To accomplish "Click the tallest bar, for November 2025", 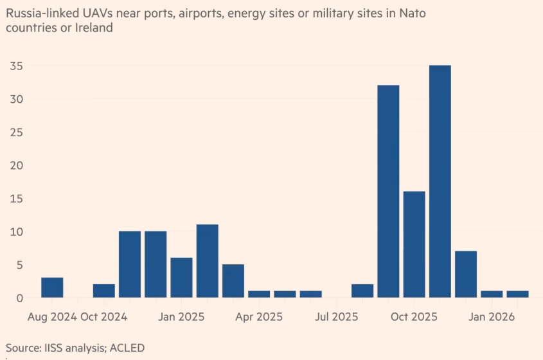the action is tap(440, 181).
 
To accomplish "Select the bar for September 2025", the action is tap(388, 192).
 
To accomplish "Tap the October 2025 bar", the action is tap(414, 244).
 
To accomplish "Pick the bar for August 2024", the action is tap(52, 287).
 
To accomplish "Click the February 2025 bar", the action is tap(208, 261).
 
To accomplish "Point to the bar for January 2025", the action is tap(181, 278).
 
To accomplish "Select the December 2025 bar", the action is tap(466, 274).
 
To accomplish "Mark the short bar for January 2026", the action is tap(492, 294).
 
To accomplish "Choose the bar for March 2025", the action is tap(233, 281).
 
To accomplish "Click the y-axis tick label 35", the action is tap(16, 66).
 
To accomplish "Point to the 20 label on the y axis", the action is tap(16, 165).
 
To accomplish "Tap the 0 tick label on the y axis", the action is tap(20, 298).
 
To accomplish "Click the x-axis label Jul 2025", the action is tap(336, 317).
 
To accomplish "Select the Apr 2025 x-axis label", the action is tap(259, 317).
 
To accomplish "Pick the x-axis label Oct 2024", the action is tap(104, 317).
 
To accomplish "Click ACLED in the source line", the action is tap(127, 348).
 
